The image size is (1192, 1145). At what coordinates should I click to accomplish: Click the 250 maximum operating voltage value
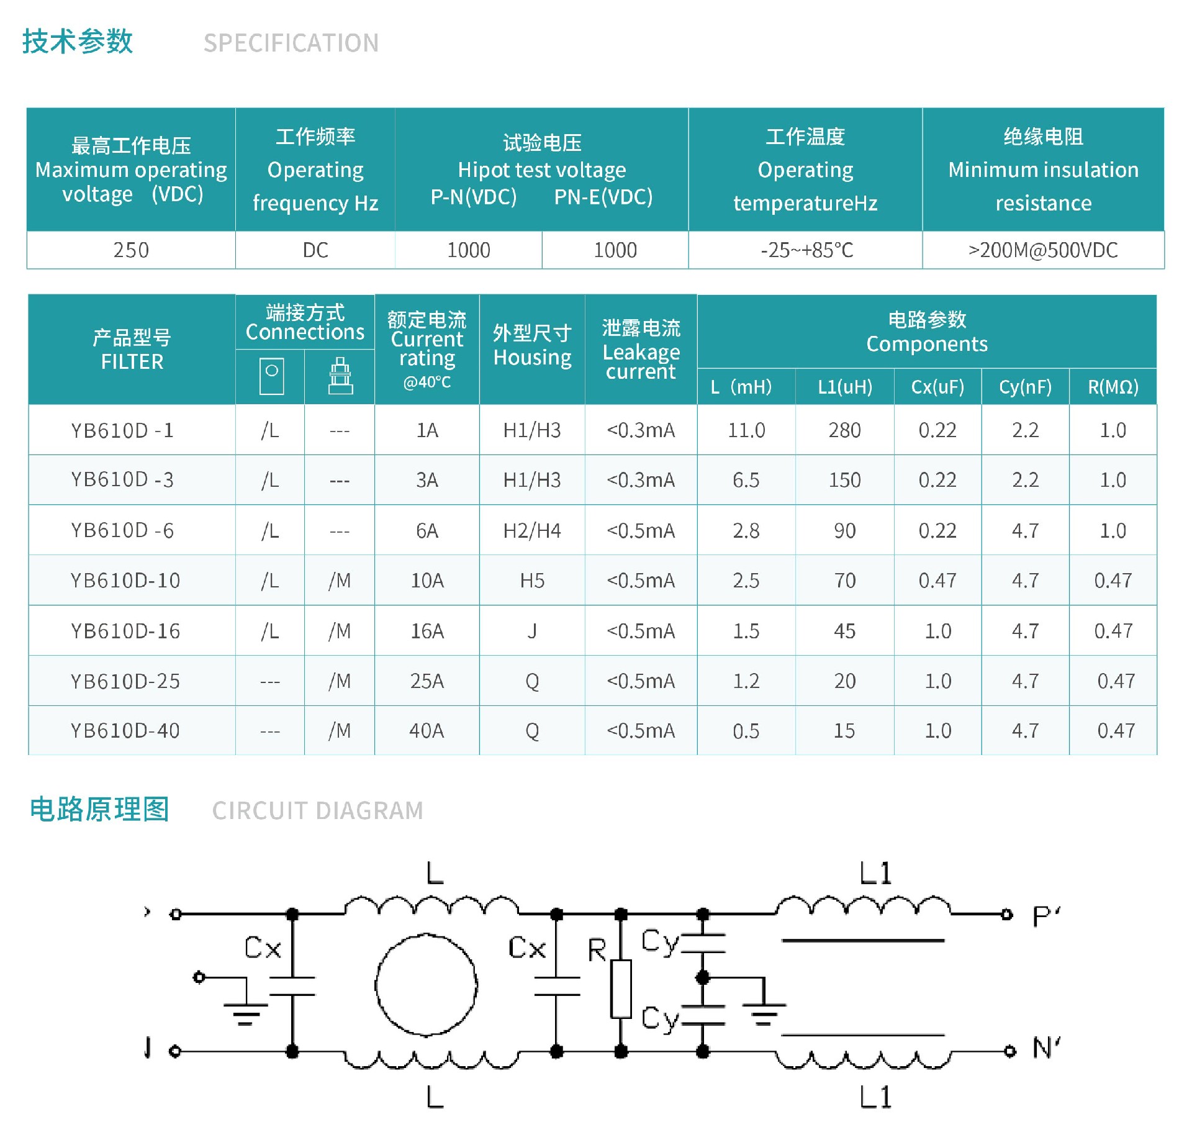[131, 250]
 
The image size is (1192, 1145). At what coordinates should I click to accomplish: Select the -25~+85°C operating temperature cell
[806, 250]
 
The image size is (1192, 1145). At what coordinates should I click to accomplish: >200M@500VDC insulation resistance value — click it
[1043, 250]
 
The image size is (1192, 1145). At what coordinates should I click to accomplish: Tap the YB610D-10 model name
[125, 581]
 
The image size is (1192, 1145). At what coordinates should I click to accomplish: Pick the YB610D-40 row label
[125, 731]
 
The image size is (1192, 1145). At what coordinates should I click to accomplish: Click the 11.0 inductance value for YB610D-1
[746, 430]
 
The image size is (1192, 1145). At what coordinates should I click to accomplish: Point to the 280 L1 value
[844, 430]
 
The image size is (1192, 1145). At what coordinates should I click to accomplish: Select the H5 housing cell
[532, 581]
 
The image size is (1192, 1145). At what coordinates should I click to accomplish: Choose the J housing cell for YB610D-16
[532, 631]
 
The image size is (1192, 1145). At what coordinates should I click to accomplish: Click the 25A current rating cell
[427, 681]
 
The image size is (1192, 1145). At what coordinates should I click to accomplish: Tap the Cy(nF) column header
[1025, 387]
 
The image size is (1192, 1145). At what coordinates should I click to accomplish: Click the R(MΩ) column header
[1113, 387]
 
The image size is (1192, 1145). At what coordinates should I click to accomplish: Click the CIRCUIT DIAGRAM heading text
[318, 811]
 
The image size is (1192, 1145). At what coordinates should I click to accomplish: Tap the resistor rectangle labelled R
[621, 989]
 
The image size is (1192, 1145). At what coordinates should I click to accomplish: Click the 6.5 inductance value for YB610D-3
[746, 480]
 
